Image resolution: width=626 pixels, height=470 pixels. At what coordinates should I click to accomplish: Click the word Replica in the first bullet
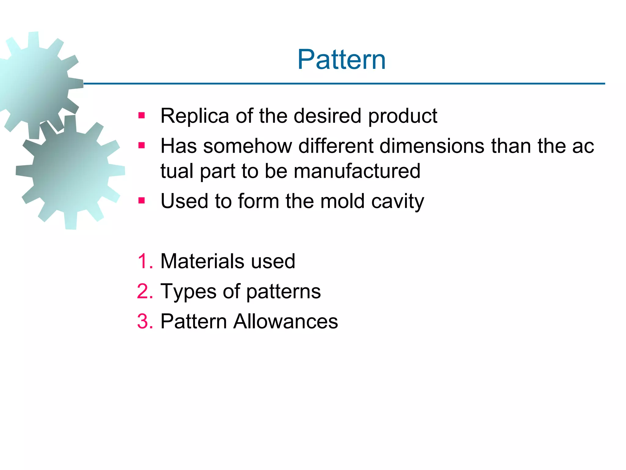pyautogui.click(x=194, y=116)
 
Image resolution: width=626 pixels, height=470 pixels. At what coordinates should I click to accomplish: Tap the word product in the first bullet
pyautogui.click(x=403, y=116)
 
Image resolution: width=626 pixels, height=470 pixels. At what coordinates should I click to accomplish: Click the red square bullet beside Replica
pyautogui.click(x=141, y=116)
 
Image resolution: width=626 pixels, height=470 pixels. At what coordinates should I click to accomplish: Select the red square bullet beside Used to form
pyautogui.click(x=141, y=201)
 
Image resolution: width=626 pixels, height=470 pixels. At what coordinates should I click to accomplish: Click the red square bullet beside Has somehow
pyautogui.click(x=141, y=145)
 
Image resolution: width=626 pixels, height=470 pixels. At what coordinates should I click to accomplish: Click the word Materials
pyautogui.click(x=202, y=261)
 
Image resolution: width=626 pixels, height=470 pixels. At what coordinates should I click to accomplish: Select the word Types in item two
pyautogui.click(x=188, y=291)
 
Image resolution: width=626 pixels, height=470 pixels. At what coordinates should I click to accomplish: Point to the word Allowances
pyautogui.click(x=285, y=322)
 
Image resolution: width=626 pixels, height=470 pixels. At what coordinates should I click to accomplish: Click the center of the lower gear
pyautogui.click(x=70, y=172)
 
